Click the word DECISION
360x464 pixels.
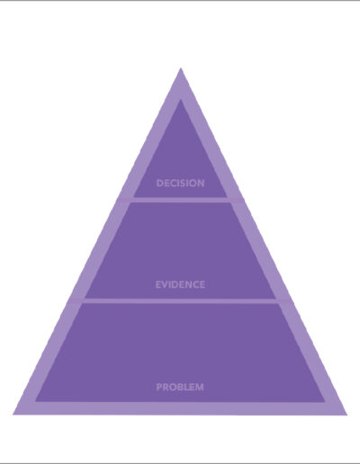(181, 183)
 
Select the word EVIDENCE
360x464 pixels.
(180, 284)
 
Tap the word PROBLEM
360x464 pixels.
(180, 387)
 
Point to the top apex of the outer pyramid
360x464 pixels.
(181, 68)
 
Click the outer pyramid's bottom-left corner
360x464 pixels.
(13, 415)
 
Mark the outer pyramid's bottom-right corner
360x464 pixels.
(347, 415)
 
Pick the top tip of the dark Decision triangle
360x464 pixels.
(180, 100)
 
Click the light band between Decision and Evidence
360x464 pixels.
(180, 200)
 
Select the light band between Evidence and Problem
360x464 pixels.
(180, 300)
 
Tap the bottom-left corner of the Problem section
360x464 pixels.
(36, 401)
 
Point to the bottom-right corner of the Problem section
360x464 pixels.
(325, 401)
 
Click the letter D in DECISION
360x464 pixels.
(160, 183)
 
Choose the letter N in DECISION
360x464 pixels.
(201, 183)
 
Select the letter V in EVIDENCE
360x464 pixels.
(166, 284)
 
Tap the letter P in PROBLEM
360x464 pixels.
(159, 387)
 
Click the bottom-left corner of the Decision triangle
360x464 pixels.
(133, 197)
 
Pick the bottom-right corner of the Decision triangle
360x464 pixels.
(227, 197)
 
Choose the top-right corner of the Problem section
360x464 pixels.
(278, 303)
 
